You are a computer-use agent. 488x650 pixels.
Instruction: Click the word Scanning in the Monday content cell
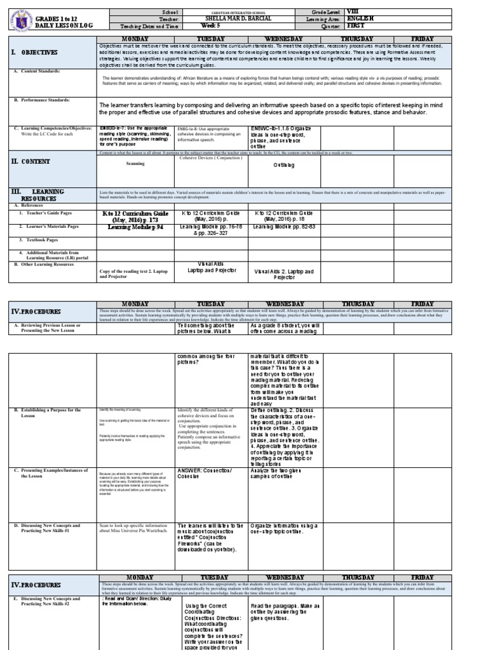click(x=135, y=163)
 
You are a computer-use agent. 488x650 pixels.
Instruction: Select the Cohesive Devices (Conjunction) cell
click(x=211, y=157)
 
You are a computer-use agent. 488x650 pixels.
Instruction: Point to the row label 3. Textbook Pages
click(x=42, y=240)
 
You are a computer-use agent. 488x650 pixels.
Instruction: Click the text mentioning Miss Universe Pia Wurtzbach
click(x=132, y=529)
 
